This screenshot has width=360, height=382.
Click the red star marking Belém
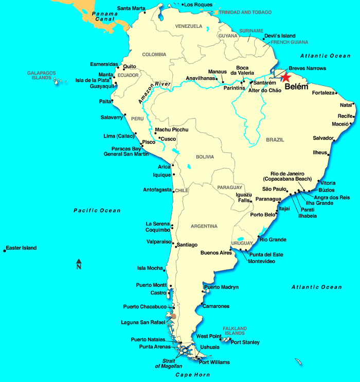(285, 77)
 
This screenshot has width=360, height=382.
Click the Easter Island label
(22, 248)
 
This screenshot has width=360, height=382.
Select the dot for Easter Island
(5, 250)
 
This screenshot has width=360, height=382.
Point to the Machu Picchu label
(172, 129)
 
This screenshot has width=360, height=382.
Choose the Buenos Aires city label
(216, 253)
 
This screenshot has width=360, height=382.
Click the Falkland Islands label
(235, 331)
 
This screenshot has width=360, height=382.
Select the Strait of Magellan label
(169, 363)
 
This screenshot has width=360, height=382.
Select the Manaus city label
(218, 72)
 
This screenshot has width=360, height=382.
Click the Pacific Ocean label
(97, 210)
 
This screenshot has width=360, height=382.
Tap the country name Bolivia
(204, 157)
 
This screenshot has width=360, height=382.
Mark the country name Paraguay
(229, 187)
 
